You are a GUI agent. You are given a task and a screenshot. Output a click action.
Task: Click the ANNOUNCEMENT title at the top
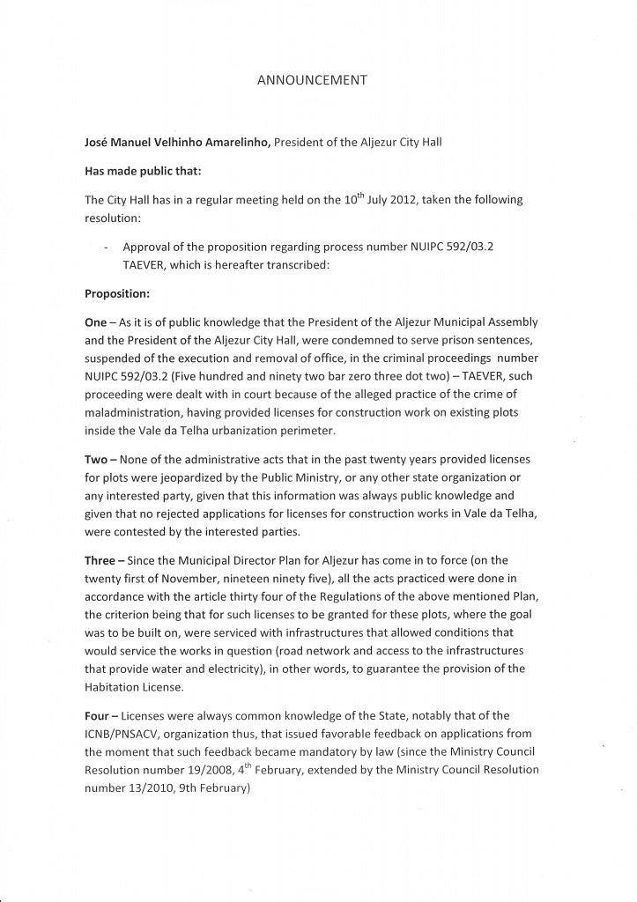[310, 79]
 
